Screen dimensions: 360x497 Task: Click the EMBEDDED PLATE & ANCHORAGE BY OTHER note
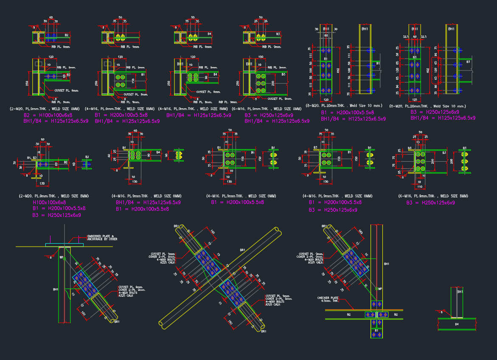coord(102,237)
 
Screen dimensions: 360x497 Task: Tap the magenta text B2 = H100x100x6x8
coord(48,115)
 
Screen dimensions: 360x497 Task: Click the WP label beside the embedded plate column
coord(62,257)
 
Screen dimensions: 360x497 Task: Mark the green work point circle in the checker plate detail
coord(377,289)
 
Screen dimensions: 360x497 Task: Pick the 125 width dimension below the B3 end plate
coord(415,100)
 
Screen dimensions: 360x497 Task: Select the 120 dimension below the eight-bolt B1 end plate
coord(326,100)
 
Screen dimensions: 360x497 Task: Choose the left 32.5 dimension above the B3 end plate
coord(406,37)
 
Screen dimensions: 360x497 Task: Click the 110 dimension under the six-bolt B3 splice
coord(420,187)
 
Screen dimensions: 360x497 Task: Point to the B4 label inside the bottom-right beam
coord(457,324)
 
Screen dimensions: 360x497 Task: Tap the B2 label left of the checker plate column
coord(348,315)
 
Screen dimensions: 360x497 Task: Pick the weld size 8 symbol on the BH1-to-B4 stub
coord(441,312)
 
